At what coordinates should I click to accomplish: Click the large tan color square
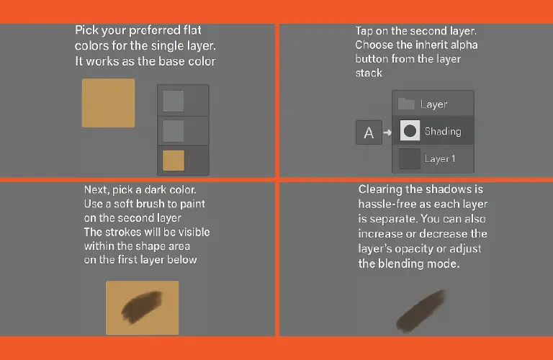click(108, 103)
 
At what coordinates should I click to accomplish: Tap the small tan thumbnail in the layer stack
click(173, 161)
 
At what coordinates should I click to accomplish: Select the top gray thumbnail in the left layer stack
click(173, 102)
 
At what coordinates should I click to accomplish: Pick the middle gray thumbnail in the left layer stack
click(173, 131)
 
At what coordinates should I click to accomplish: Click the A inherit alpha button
click(369, 132)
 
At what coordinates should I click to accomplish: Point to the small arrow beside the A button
click(387, 132)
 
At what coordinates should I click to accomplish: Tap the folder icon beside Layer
click(406, 104)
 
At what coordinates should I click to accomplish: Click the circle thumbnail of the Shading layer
click(410, 131)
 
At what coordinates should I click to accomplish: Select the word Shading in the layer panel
click(443, 132)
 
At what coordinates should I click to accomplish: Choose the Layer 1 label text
click(440, 158)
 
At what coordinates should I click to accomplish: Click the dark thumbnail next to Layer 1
click(410, 158)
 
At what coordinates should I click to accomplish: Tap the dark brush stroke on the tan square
click(142, 307)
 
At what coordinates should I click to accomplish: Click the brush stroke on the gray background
click(421, 311)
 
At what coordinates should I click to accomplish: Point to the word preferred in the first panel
click(155, 30)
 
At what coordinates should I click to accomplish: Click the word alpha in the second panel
click(463, 45)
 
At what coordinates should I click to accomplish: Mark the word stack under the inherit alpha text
click(369, 73)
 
